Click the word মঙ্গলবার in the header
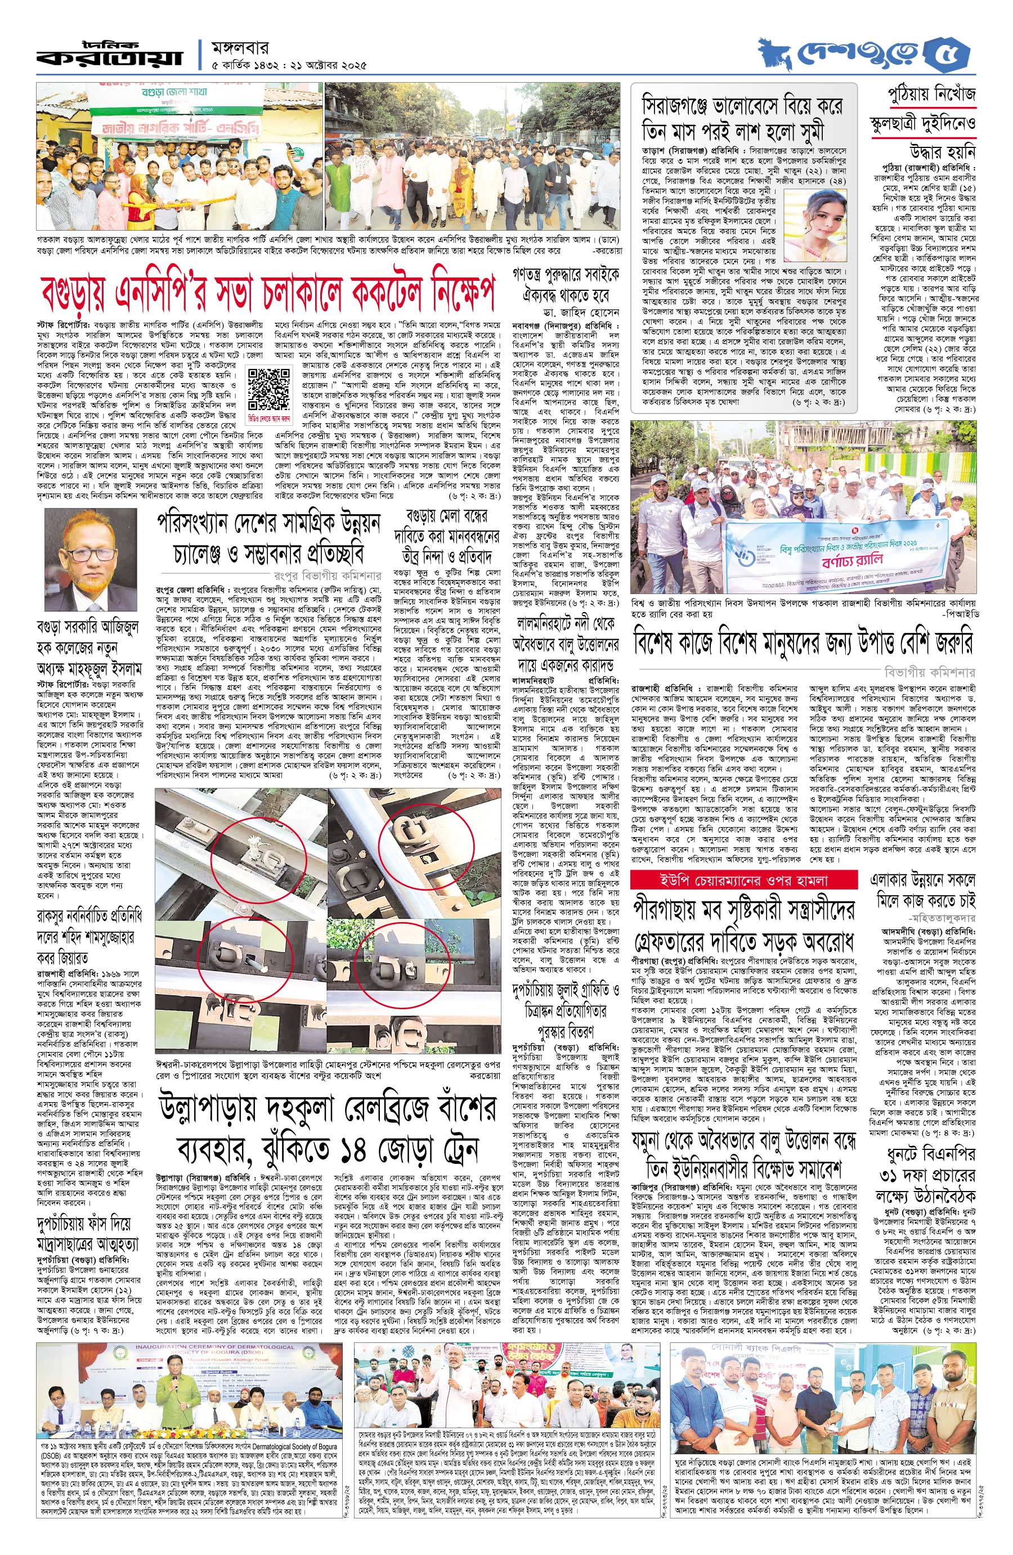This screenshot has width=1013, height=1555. click(x=241, y=48)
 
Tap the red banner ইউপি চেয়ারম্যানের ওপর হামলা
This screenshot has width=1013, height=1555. click(x=743, y=879)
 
